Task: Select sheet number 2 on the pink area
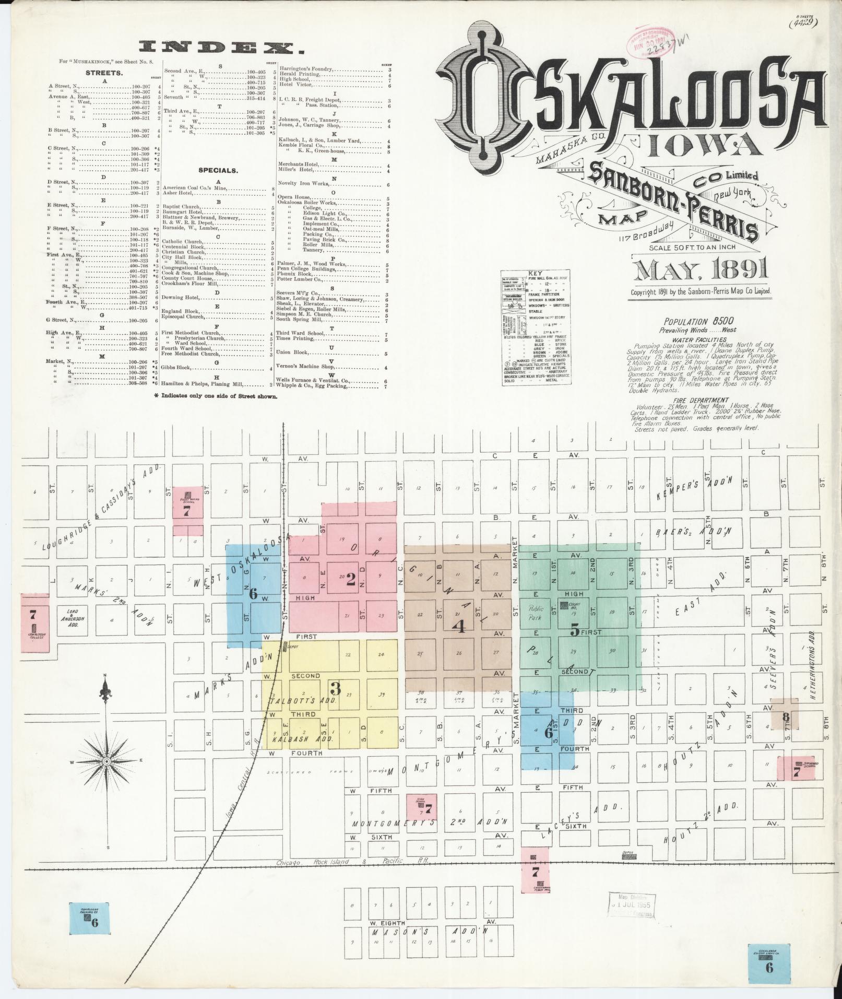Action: (351, 578)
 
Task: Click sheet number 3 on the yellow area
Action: (335, 689)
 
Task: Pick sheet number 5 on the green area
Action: (574, 631)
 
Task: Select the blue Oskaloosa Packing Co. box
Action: (90, 918)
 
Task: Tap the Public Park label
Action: (536, 612)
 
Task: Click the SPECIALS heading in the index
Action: (218, 170)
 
